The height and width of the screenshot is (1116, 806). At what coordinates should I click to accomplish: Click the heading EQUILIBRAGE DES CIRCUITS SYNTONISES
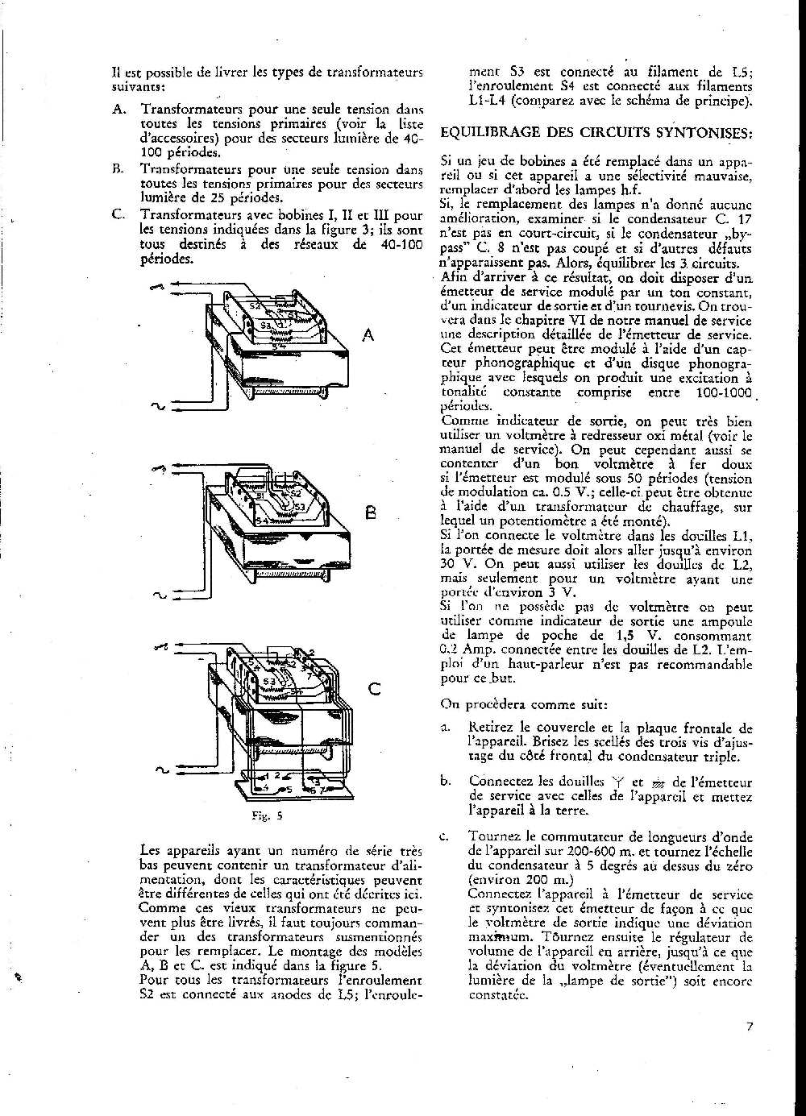(x=597, y=131)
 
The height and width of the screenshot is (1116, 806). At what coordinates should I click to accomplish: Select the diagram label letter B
(x=370, y=512)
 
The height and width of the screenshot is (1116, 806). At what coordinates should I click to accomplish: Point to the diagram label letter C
(x=374, y=689)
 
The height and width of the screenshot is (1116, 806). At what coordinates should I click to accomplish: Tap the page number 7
(x=749, y=1026)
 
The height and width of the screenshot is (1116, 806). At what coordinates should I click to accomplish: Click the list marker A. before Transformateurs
(x=118, y=109)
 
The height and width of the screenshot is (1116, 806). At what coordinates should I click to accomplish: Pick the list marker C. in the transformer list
(x=118, y=215)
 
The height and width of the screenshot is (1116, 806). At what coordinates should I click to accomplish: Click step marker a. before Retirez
(x=445, y=728)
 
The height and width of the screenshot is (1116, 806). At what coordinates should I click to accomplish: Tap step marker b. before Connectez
(x=445, y=781)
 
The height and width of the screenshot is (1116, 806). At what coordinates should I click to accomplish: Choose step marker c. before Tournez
(x=445, y=836)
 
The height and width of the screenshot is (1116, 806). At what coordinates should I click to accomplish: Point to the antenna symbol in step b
(x=619, y=781)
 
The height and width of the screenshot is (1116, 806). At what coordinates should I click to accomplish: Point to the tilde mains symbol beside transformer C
(x=160, y=771)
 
